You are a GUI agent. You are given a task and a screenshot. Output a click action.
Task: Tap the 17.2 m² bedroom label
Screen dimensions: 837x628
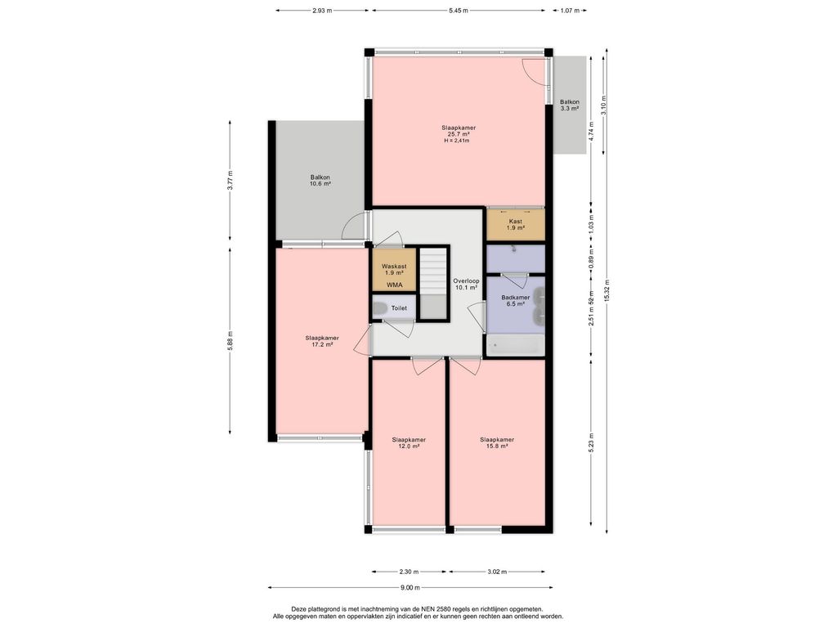[x=322, y=341]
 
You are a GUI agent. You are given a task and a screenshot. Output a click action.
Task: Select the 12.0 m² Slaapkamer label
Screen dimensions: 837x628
[x=409, y=443]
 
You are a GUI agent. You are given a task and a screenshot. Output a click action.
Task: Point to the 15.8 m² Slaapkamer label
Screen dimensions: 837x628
[x=496, y=443]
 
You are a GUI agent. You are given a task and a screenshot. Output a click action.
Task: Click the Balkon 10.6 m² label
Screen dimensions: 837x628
[x=320, y=181]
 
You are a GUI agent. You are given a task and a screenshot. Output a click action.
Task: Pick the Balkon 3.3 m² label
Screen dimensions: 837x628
[x=569, y=105]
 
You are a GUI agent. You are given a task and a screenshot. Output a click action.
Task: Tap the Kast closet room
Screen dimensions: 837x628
[x=515, y=225]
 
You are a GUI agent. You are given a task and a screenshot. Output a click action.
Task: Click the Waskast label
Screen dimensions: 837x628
[x=394, y=266]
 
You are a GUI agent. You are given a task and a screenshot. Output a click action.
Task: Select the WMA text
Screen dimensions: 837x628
[x=395, y=285]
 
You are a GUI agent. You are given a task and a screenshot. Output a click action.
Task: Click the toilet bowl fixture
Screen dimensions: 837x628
[x=380, y=308]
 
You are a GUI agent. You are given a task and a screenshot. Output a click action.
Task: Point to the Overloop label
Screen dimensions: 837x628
[x=466, y=281]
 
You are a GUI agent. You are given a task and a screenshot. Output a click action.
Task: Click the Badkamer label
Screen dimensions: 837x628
[x=515, y=298]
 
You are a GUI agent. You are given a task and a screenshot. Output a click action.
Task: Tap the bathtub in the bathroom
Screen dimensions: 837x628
[x=515, y=345]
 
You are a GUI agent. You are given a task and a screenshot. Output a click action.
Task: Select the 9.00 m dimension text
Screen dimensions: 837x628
[x=410, y=587]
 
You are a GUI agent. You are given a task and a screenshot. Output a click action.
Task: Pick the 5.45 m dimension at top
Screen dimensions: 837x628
[x=459, y=10]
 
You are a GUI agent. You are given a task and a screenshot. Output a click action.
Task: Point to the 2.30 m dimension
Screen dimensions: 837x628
[x=409, y=572]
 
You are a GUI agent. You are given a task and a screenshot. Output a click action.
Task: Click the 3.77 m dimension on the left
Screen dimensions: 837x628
[x=230, y=181]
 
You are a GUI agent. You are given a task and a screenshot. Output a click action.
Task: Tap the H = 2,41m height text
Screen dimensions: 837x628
[x=459, y=141]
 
